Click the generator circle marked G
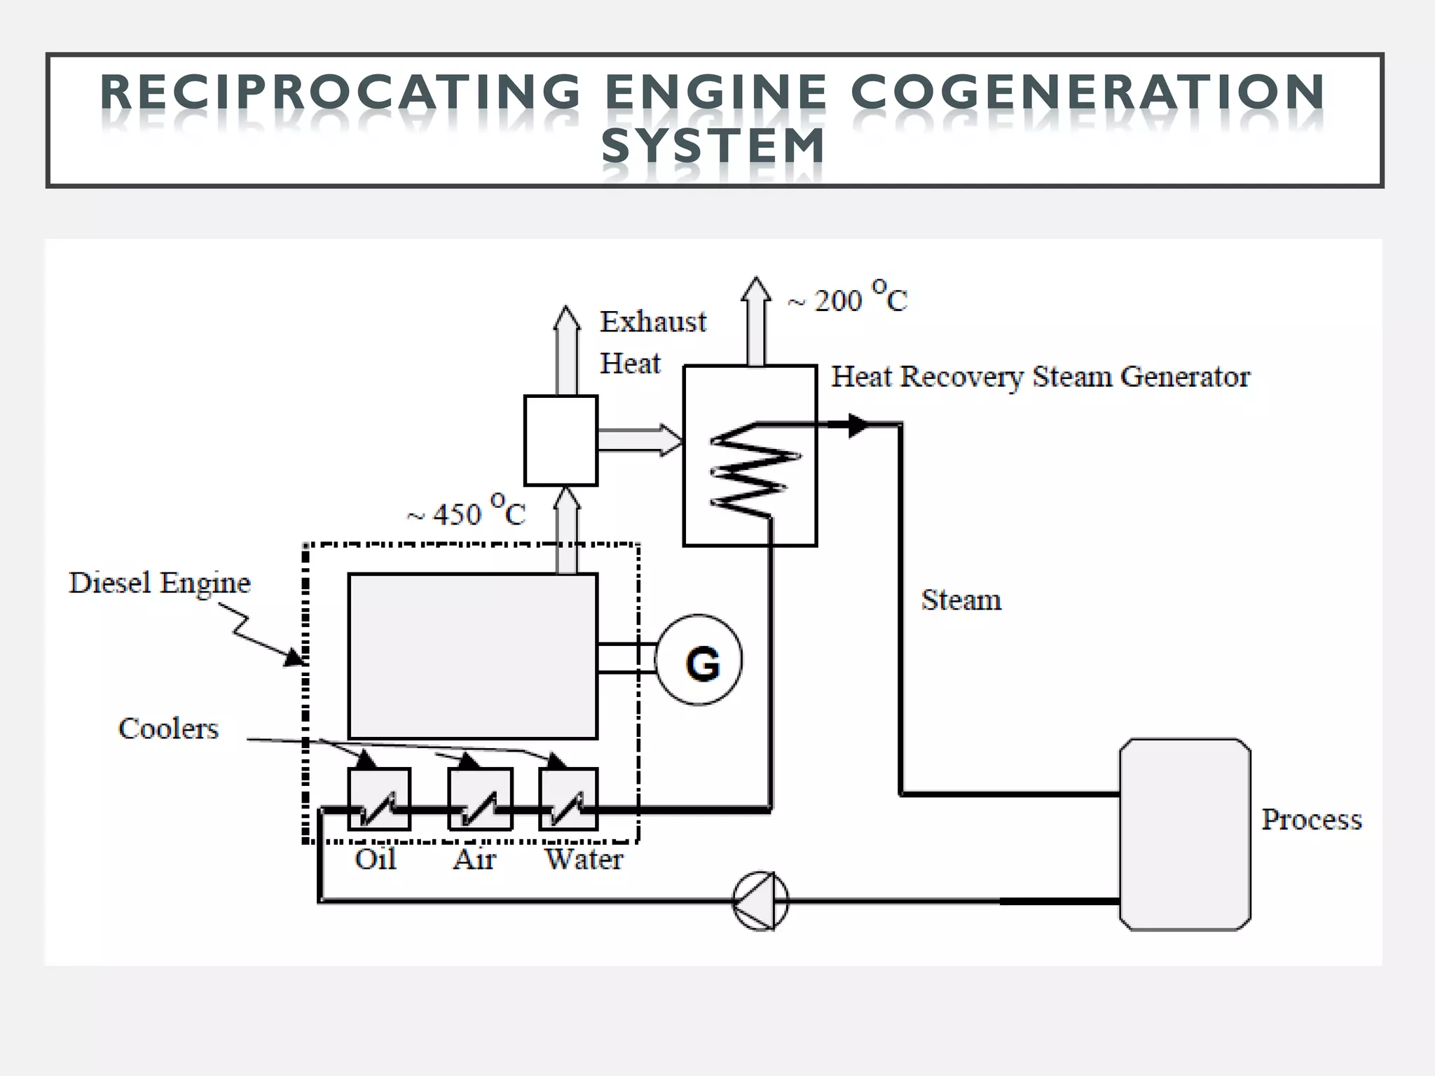coord(699,660)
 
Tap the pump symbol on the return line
coord(761,901)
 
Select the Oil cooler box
coord(379,799)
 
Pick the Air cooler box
coord(481,799)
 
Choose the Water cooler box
coord(568,799)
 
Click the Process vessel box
coord(1185,834)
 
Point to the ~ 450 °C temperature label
coord(466,512)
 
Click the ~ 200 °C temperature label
coord(847,298)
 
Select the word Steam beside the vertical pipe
coord(961,600)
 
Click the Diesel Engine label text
coord(160,583)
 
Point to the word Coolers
coord(168,729)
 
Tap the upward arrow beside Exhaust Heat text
coord(566,350)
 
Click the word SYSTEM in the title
coord(713,146)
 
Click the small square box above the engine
coord(561,441)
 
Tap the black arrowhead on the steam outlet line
coord(856,425)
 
